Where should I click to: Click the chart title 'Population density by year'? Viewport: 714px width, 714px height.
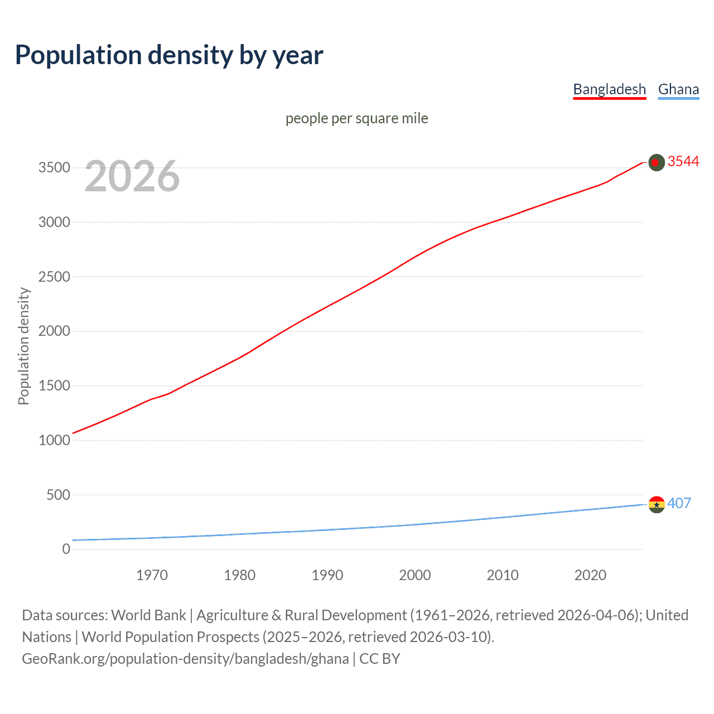point(169,55)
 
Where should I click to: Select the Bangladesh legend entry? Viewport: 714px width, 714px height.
point(609,89)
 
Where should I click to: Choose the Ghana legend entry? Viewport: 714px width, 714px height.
point(678,89)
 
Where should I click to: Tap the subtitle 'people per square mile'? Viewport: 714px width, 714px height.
point(356,118)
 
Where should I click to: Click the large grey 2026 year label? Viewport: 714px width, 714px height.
point(132,176)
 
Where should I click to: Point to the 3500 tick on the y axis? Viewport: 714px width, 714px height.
point(54,168)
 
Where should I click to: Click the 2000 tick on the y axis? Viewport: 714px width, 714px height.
point(54,331)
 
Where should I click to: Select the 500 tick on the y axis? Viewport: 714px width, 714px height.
point(58,495)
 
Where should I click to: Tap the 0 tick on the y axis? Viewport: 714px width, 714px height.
point(66,549)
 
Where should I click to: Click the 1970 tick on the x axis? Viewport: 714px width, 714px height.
point(152,575)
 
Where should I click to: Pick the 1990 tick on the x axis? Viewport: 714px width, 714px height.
point(327,575)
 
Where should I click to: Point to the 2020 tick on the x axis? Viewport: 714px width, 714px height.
point(590,575)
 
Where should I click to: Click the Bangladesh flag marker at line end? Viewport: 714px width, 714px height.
point(657,162)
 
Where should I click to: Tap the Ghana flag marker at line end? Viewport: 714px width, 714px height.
point(657,504)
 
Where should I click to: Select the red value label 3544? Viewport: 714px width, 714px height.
point(683,161)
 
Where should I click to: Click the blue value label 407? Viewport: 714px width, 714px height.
point(679,503)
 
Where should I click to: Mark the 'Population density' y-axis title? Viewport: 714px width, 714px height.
point(23,346)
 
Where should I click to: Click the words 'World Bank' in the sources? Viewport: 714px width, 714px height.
point(148,615)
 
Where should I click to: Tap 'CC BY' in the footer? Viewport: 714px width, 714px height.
point(380,659)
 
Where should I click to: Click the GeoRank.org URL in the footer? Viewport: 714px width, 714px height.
point(185,659)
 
